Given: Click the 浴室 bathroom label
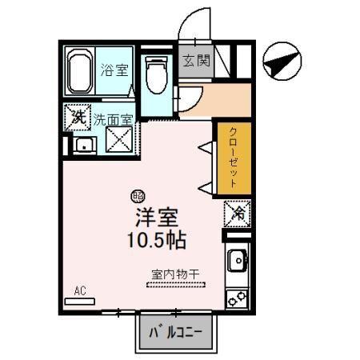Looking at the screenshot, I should click(x=114, y=70).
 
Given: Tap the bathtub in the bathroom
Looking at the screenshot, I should click(x=78, y=72).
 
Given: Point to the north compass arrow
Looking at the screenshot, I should click(x=280, y=62).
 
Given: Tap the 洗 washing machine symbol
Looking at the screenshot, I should click(x=78, y=118).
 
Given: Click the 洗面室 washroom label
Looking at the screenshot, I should click(x=113, y=120).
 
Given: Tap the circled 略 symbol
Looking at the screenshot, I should click(x=137, y=194).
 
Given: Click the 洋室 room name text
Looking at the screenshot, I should click(x=154, y=217).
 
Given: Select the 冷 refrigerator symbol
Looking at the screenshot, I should click(x=237, y=212).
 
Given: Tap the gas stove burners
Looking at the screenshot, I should click(x=237, y=298).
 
